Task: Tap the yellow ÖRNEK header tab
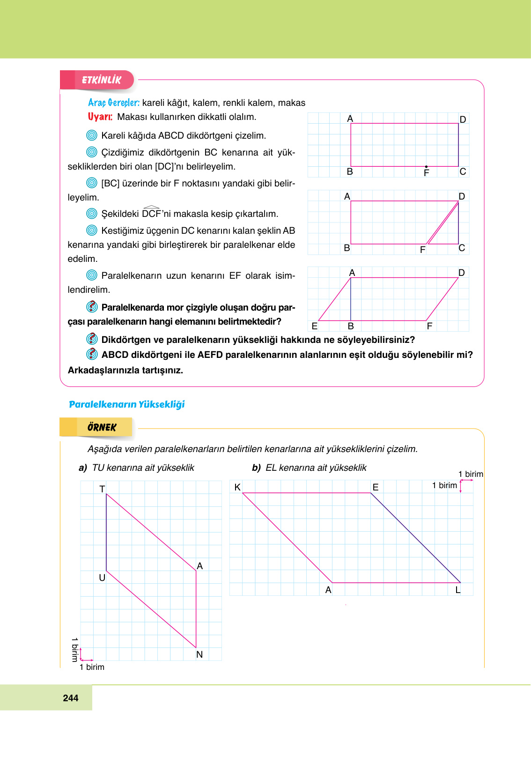pyautogui.click(x=101, y=427)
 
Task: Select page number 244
pyautogui.click(x=70, y=698)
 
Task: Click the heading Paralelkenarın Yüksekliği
pyautogui.click(x=127, y=404)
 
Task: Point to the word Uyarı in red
pyautogui.click(x=100, y=117)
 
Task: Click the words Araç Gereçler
pyautogui.click(x=114, y=103)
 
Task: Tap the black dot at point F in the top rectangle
pyautogui.click(x=426, y=167)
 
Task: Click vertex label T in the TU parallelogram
pyautogui.click(x=102, y=489)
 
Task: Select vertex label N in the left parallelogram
pyautogui.click(x=199, y=654)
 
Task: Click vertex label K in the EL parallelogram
pyautogui.click(x=237, y=487)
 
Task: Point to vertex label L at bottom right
pyautogui.click(x=458, y=590)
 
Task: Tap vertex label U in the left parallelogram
pyautogui.click(x=102, y=578)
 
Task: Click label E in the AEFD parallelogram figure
pyautogui.click(x=315, y=326)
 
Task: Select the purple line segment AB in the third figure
pyautogui.click(x=351, y=300)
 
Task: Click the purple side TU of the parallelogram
pyautogui.click(x=106, y=533)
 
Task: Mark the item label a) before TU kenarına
pyautogui.click(x=83, y=468)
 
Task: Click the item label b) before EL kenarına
pyautogui.click(x=256, y=468)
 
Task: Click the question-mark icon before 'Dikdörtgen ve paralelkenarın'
pyautogui.click(x=92, y=339)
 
